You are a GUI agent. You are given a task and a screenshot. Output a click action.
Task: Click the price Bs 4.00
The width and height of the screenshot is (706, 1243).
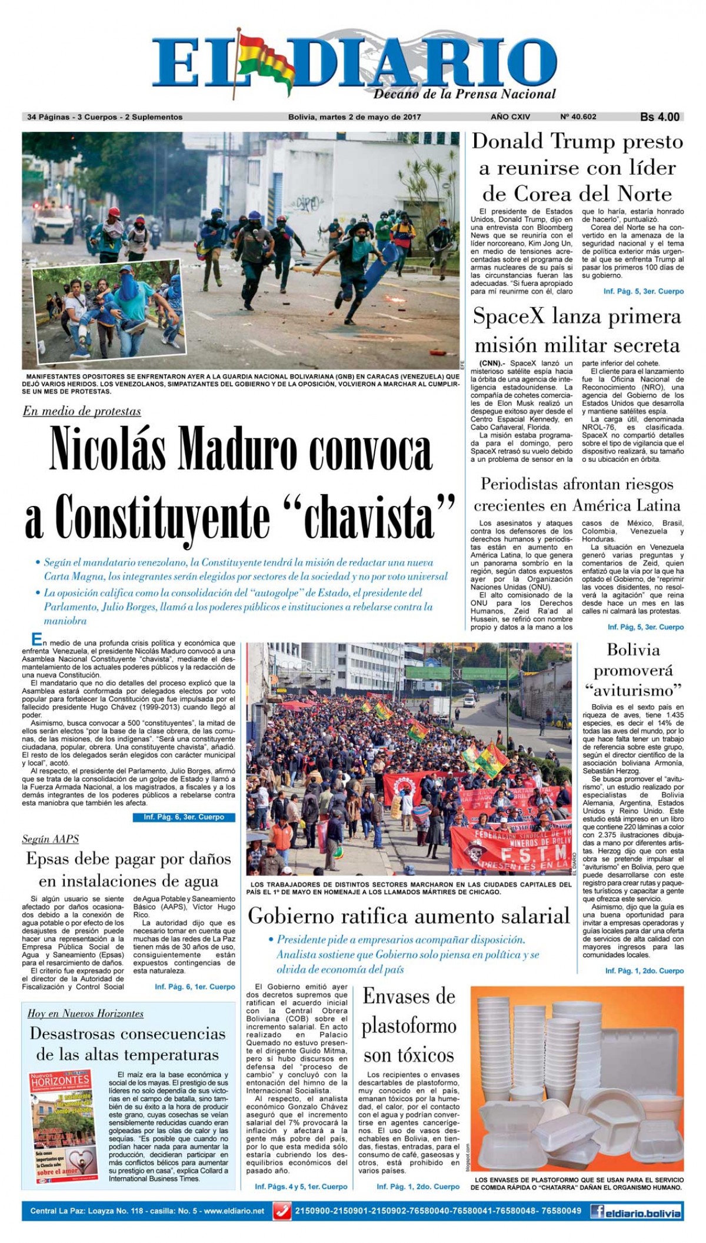660,117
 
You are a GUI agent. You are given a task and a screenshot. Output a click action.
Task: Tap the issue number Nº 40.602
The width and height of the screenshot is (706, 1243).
578,117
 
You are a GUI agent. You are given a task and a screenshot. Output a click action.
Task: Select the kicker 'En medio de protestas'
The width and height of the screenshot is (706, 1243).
82,411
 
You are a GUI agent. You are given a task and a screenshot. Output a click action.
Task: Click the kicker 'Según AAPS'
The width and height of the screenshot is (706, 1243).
51,839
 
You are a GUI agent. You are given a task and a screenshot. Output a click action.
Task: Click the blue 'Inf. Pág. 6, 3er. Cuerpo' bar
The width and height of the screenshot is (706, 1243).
184,817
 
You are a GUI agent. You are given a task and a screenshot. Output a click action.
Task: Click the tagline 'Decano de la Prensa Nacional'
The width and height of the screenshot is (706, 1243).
464,94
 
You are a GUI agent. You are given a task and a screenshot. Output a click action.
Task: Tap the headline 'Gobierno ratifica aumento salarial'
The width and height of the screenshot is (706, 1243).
409,916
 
